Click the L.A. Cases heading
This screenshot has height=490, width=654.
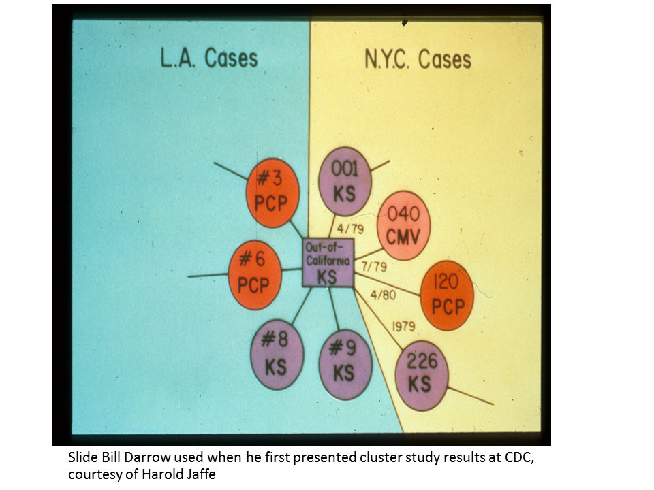[208, 58]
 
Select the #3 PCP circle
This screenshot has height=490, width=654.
[272, 193]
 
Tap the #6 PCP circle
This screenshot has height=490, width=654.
[254, 274]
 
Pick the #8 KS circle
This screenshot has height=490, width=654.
[276, 355]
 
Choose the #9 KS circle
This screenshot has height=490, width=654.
[345, 363]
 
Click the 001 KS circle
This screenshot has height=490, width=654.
[345, 181]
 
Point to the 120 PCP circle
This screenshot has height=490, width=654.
[446, 300]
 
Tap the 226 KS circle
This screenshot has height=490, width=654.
[422, 375]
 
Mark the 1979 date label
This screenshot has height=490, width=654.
[403, 327]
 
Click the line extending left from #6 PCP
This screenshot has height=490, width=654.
[208, 275]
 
